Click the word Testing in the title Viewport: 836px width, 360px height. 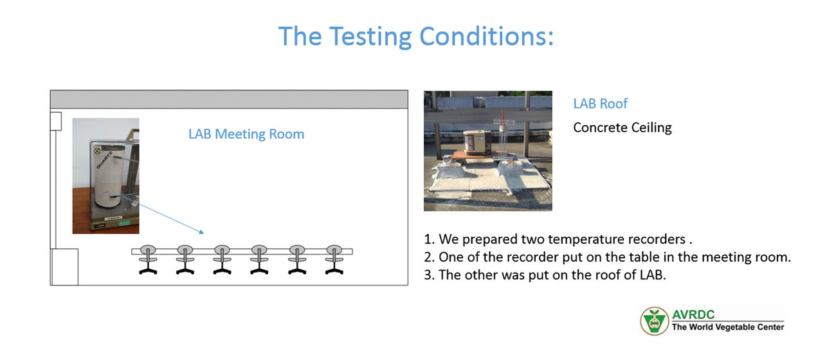click(x=370, y=37)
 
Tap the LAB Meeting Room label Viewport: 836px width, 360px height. click(x=246, y=134)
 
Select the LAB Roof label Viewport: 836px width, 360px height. click(x=600, y=104)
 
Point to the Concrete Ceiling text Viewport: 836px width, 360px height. click(x=622, y=127)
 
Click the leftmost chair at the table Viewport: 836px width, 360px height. click(x=148, y=260)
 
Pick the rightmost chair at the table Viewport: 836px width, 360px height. click(x=334, y=260)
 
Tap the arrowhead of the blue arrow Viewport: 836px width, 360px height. click(x=201, y=231)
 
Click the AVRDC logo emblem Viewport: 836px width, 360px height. click(x=654, y=321)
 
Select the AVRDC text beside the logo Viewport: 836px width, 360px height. click(x=693, y=314)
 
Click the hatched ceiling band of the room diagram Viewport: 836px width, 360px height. click(x=229, y=99)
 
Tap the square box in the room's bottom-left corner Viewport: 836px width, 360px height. click(x=64, y=267)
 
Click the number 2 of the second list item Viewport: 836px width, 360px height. click(x=428, y=257)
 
